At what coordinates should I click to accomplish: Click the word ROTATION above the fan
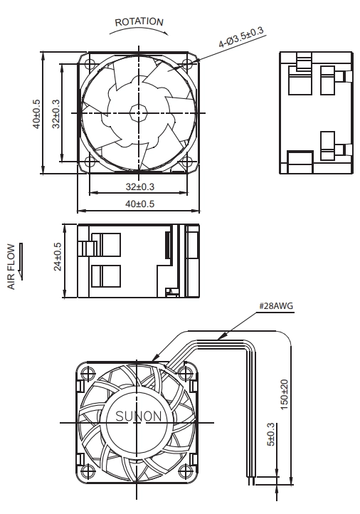coord(139,22)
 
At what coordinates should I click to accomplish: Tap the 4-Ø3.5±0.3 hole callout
coord(240,37)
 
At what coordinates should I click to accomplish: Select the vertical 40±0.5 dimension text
coord(37,114)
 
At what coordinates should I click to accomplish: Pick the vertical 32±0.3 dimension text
coord(56,114)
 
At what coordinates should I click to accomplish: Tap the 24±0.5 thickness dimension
coord(58,257)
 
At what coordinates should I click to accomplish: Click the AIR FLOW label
coord(11,266)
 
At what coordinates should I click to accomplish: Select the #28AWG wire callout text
coord(276,306)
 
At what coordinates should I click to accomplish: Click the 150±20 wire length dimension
coord(285,394)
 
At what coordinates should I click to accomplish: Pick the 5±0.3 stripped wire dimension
coord(270,434)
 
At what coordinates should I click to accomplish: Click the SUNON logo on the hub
coord(139,416)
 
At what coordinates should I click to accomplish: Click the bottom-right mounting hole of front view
coord(187,162)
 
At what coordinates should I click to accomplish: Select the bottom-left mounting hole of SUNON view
coord(88,472)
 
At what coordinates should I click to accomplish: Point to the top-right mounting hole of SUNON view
coord(185,373)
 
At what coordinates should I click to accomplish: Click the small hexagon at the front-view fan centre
coord(139,113)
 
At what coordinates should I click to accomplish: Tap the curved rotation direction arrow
coord(139,29)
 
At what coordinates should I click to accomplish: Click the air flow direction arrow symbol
coord(21,261)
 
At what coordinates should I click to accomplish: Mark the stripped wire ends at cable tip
coord(251,481)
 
